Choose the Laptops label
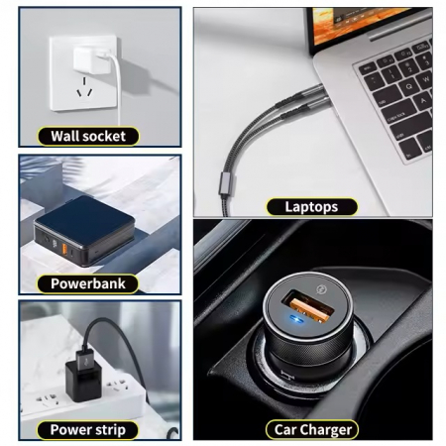point(311,207)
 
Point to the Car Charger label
point(311,429)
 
